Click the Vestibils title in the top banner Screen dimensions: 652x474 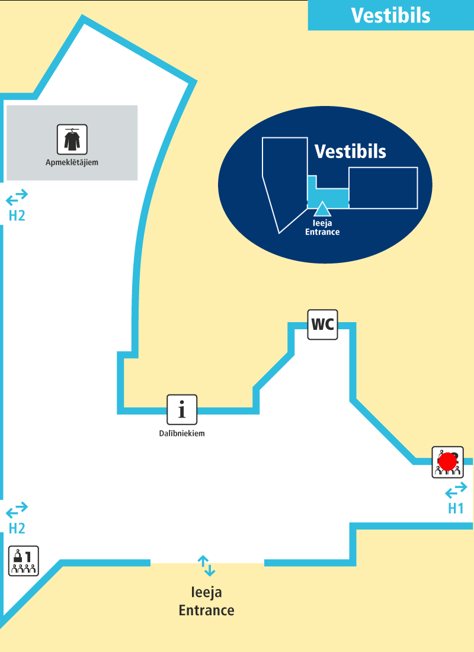click(x=390, y=15)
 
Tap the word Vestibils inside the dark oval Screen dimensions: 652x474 click(x=350, y=152)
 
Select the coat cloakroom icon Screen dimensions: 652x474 click(x=72, y=139)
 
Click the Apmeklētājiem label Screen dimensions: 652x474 click(x=72, y=162)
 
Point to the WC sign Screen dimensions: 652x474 click(x=322, y=325)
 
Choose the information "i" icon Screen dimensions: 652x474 click(x=182, y=410)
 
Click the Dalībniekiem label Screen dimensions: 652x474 click(x=182, y=433)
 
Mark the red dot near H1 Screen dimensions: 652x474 click(x=449, y=461)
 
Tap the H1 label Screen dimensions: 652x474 click(x=456, y=508)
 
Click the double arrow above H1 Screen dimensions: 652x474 click(x=456, y=491)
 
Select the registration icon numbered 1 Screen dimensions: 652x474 click(x=24, y=560)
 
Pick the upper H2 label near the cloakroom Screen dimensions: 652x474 click(x=17, y=216)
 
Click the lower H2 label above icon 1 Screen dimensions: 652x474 click(x=17, y=528)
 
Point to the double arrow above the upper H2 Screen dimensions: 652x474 click(x=17, y=196)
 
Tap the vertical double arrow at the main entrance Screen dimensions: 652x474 click(x=207, y=566)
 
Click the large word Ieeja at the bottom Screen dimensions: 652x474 click(x=207, y=592)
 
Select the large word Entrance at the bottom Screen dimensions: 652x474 click(x=207, y=610)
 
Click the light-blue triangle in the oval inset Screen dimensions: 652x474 click(x=322, y=208)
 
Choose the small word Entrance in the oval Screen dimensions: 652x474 click(x=322, y=232)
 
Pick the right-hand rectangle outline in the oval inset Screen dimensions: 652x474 click(x=383, y=187)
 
